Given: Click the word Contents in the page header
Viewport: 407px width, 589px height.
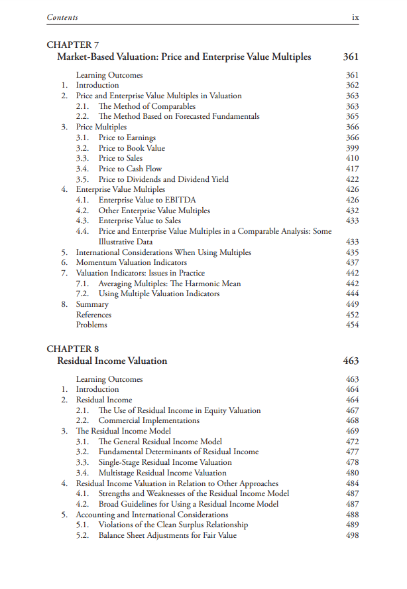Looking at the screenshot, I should click(62, 17).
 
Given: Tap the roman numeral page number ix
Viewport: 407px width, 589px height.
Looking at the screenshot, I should click(355, 17).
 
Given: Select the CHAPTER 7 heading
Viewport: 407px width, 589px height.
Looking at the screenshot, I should click(72, 45).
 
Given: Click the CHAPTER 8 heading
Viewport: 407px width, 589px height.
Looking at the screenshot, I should click(72, 349).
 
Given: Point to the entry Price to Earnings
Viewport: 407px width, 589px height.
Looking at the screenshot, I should click(127, 137).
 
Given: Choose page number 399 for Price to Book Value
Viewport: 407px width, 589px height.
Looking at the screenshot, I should click(352, 148).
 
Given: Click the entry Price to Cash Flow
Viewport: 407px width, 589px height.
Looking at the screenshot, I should click(130, 169).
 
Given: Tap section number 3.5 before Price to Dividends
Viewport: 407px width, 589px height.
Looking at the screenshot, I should click(82, 179).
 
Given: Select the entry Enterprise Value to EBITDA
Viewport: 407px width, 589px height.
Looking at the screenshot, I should click(147, 200).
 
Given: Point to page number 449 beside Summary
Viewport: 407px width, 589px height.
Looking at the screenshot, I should click(352, 304).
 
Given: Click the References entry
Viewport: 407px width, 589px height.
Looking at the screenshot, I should click(93, 315).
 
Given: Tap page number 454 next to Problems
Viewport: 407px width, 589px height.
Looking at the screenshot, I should click(352, 325).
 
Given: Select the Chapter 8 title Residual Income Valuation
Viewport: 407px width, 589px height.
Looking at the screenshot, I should click(112, 361).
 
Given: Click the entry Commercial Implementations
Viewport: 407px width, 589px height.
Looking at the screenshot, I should click(149, 420).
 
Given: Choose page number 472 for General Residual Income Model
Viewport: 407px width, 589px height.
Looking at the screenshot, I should click(352, 442).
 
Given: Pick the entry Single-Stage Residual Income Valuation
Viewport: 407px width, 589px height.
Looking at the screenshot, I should click(165, 462).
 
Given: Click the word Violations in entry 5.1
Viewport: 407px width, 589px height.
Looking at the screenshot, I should click(117, 525).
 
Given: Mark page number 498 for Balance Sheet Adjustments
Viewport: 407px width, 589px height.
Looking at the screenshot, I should click(352, 535).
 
